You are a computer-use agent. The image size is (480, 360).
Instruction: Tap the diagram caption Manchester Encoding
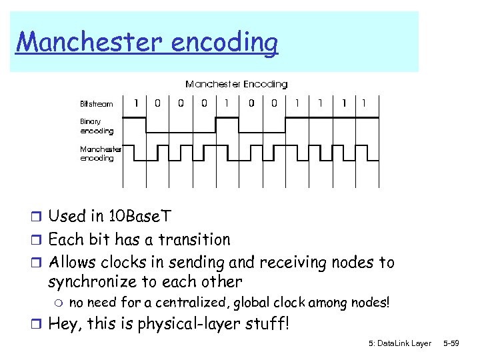[236, 84]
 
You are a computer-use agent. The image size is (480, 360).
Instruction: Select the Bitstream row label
[97, 104]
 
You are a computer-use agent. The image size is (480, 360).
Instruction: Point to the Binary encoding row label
[97, 127]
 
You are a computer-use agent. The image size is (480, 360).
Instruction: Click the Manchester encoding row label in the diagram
[100, 153]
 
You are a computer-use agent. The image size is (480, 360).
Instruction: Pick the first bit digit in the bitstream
[136, 103]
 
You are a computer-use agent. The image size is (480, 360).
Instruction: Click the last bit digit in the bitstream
[363, 103]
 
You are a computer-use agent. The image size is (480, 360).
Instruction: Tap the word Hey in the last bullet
[65, 325]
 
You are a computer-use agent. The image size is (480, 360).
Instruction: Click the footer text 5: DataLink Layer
[400, 343]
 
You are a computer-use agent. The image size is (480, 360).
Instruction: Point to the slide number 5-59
[451, 343]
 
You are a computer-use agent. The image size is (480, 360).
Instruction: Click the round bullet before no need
[58, 303]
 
